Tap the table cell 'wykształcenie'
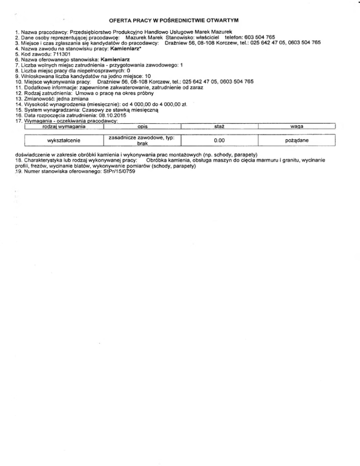coord(63,140)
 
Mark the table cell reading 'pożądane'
coord(297,140)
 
